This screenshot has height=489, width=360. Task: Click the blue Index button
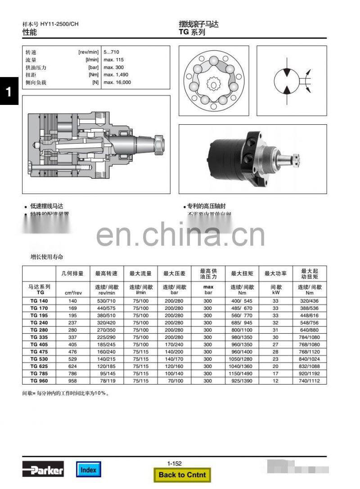pos(88,469)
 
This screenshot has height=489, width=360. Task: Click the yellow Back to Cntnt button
pos(182,474)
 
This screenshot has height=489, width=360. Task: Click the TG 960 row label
pos(39,381)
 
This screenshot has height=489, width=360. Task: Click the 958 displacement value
pos(72,381)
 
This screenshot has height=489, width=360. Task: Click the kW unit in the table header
pos(275,293)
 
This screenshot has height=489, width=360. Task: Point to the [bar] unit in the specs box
pos(93,67)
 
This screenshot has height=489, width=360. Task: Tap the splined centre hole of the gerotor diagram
pos(212,84)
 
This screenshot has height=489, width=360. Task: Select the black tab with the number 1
pos(9,91)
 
